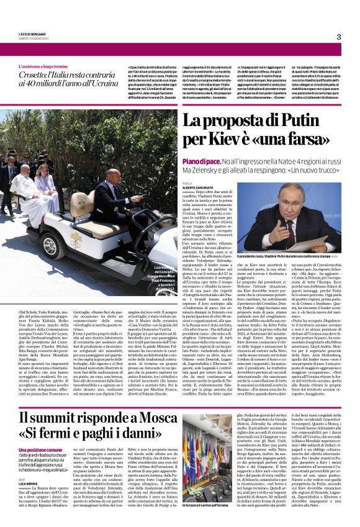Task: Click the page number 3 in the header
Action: point(339,37)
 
